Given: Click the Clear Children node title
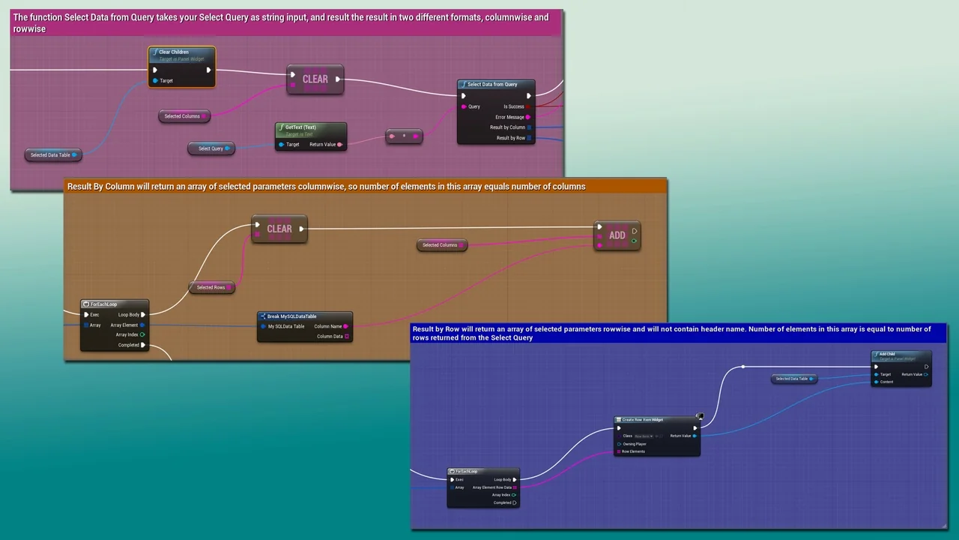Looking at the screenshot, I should (x=174, y=52).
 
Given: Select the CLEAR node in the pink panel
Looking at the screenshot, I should (x=315, y=79).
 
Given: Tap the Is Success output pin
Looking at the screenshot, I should (x=528, y=106).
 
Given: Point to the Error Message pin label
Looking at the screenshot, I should (x=509, y=117).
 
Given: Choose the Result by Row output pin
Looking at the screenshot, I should (x=529, y=138).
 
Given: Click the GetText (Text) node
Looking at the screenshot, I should (x=310, y=136).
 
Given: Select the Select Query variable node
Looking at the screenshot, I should (x=211, y=148).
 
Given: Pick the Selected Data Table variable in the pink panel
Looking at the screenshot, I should (x=51, y=154).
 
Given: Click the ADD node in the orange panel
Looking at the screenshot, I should (x=617, y=235).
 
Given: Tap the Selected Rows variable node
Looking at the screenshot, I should (x=211, y=287).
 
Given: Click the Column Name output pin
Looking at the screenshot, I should (x=345, y=326).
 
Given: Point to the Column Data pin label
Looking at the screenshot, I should (x=330, y=336).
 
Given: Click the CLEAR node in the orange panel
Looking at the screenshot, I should (x=279, y=229).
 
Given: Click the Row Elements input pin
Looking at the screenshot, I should (x=618, y=451).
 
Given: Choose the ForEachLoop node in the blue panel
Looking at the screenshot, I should (x=482, y=487).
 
